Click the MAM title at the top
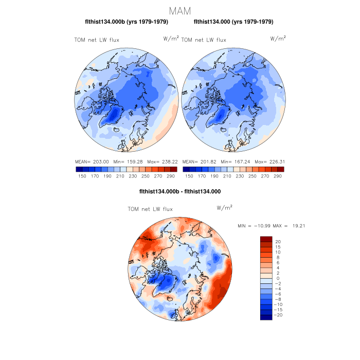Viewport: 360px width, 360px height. pos(179,10)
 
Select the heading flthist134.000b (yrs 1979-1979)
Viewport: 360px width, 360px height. pos(126,22)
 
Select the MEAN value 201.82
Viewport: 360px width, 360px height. pos(207,161)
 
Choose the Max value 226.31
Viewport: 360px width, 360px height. pos(276,161)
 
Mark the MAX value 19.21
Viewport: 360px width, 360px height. pos(294,226)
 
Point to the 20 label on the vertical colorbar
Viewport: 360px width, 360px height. pos(278,241)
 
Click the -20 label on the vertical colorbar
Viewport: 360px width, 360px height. pos(279,315)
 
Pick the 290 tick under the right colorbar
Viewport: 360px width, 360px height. pos(278,176)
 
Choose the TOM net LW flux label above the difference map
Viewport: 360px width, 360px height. pos(150,209)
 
